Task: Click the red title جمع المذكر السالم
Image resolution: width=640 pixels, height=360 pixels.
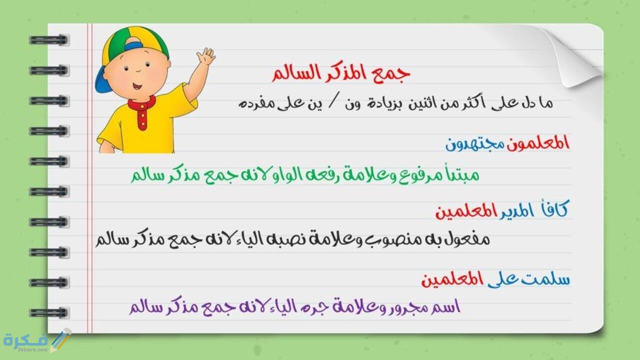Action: coord(341,73)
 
